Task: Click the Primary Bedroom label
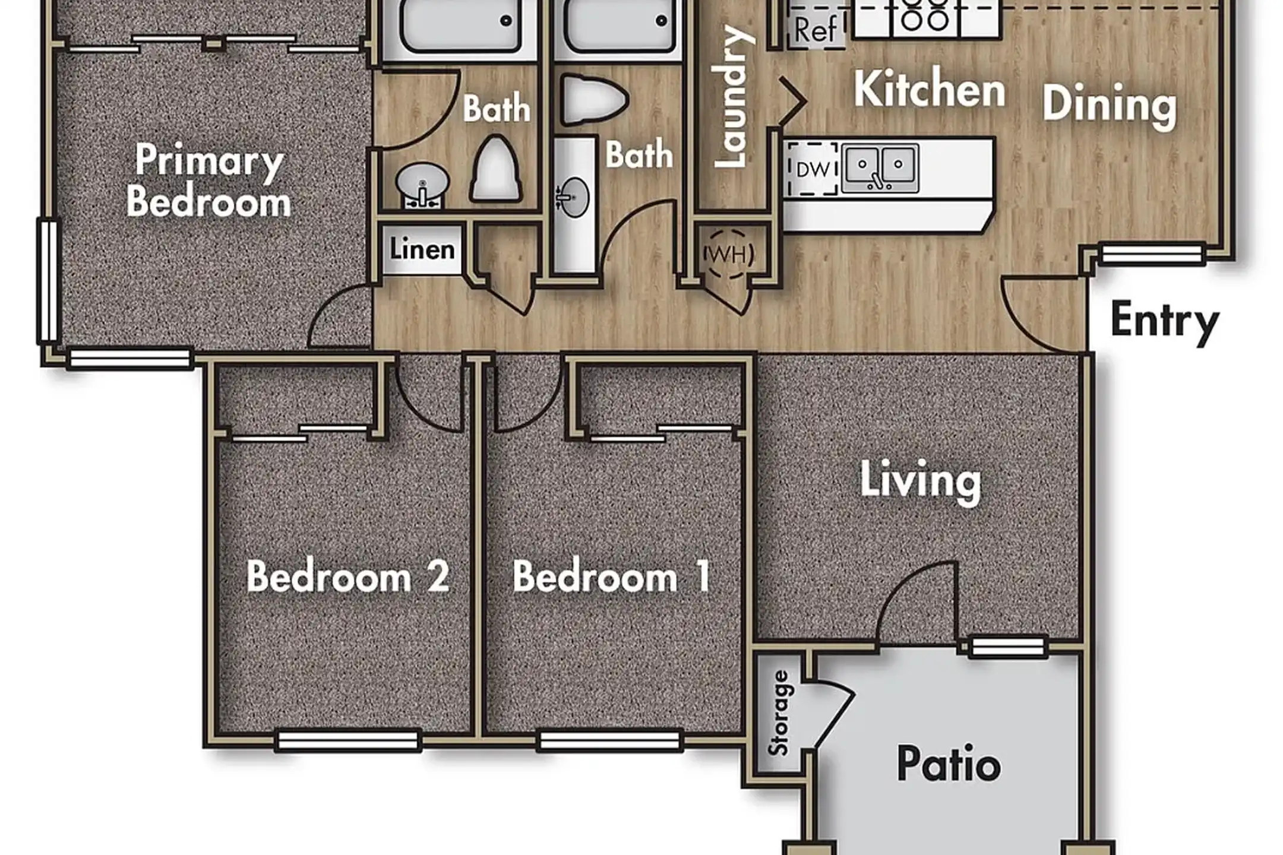tap(208, 180)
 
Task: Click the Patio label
tap(949, 764)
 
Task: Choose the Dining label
tap(1110, 107)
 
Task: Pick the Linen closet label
tap(422, 249)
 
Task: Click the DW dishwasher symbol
tap(813, 169)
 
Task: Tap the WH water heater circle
tap(729, 254)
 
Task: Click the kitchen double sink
tap(880, 168)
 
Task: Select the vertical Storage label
tap(778, 712)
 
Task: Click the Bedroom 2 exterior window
tap(348, 741)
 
